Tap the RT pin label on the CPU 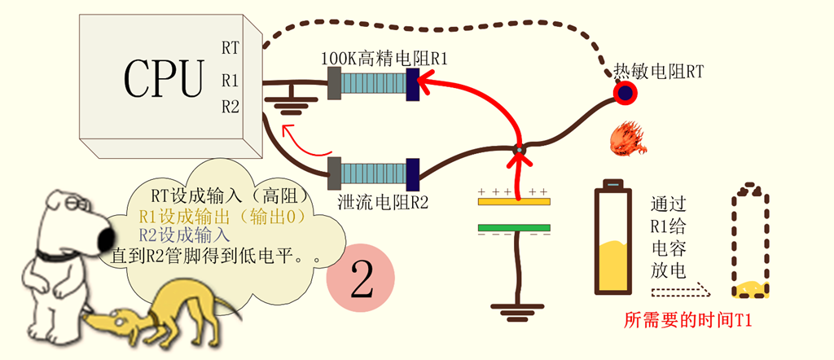click(x=230, y=48)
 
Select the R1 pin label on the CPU click(x=230, y=81)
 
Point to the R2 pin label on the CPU click(x=230, y=106)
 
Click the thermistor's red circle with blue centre click(x=625, y=94)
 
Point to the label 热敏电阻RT click(x=658, y=72)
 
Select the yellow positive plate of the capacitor click(x=514, y=200)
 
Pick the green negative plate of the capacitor click(x=514, y=227)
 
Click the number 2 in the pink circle click(x=361, y=279)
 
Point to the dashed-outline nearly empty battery click(x=749, y=243)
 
